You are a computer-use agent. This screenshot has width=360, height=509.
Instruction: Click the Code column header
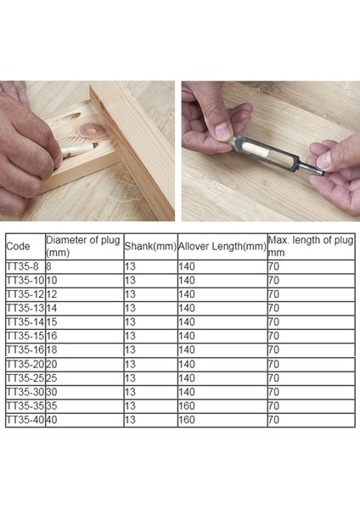coord(18,246)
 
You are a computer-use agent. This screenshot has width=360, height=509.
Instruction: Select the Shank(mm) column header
coord(149,246)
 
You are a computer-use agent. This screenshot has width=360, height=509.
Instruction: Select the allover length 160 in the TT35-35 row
coord(187,406)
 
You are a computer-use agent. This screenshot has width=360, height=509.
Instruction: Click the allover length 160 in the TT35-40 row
coord(187,420)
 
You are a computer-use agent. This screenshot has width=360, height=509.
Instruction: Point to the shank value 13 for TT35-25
coord(131,378)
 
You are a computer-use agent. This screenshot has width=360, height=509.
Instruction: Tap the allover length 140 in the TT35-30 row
coord(187,392)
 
